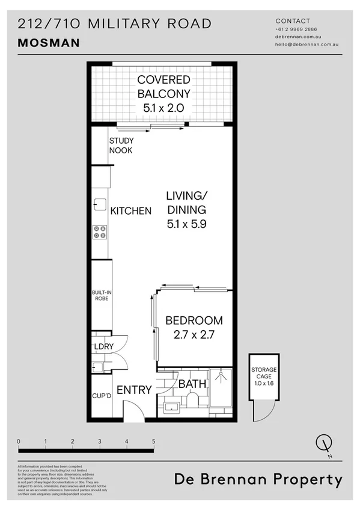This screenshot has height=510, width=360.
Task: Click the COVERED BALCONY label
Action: (x=163, y=87)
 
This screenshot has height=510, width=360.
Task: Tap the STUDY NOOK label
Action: (x=121, y=146)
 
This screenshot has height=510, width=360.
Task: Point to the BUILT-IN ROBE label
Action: (x=101, y=295)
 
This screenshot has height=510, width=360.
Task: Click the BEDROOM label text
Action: (x=194, y=321)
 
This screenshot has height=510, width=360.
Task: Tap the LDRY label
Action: (x=102, y=347)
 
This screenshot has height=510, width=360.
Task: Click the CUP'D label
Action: (x=102, y=396)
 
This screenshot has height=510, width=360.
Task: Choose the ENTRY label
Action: (x=133, y=390)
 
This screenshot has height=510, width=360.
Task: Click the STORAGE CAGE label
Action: (x=264, y=373)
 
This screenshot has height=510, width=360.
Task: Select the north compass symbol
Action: (x=325, y=444)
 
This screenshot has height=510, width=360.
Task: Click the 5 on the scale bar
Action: (x=154, y=441)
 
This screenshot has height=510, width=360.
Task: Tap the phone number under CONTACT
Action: (x=296, y=29)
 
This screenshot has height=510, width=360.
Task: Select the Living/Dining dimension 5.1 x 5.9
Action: (x=186, y=224)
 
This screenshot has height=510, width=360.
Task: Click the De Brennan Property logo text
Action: (x=258, y=480)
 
